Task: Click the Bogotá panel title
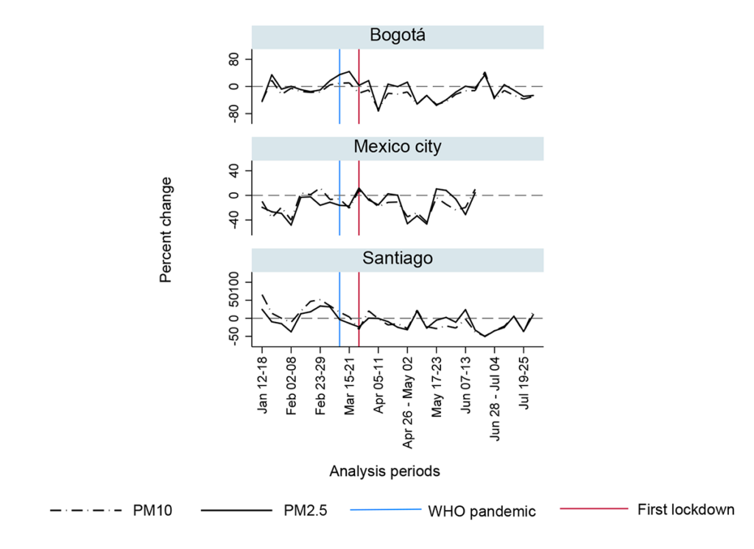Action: click(x=397, y=36)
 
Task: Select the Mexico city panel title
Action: click(x=397, y=147)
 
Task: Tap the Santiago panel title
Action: click(x=397, y=258)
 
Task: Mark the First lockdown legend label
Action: click(x=686, y=509)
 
